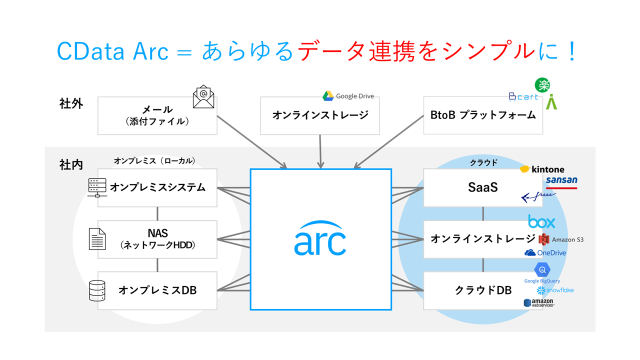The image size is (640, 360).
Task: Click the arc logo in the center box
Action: (x=320, y=238)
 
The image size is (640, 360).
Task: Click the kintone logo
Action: (x=542, y=169)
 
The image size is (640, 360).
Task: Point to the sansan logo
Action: (x=561, y=181)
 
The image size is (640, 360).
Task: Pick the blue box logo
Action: (x=541, y=221)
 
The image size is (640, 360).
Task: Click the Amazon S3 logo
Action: (x=561, y=239)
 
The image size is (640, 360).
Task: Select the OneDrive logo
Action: (x=545, y=253)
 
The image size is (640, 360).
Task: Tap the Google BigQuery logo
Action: (x=542, y=273)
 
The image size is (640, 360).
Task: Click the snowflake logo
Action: (x=555, y=290)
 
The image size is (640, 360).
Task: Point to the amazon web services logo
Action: (x=538, y=303)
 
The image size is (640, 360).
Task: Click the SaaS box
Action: (x=482, y=187)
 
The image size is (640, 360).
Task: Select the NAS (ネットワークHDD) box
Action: (x=157, y=239)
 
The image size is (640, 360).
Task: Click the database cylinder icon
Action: (x=97, y=290)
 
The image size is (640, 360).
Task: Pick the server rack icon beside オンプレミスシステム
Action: (x=96, y=187)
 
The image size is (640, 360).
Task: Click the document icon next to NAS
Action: (x=97, y=238)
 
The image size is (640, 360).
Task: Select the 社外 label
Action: (x=71, y=104)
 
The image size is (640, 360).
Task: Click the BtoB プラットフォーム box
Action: (x=482, y=115)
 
